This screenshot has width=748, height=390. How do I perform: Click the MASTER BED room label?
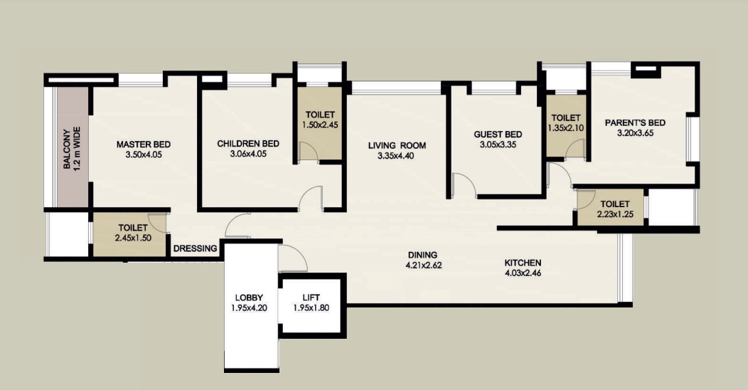144,144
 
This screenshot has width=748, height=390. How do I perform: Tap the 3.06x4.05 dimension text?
248,154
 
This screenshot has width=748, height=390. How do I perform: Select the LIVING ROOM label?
397,146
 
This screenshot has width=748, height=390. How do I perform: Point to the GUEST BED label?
498,135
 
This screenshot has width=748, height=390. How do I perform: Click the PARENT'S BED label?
635,122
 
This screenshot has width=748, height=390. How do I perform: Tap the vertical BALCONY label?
68,149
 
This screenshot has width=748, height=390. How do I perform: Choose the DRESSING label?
195,248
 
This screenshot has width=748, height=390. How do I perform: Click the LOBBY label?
249,298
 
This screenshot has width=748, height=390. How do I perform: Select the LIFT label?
311,297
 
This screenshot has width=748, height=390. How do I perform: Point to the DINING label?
422,255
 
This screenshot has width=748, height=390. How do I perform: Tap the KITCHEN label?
523,263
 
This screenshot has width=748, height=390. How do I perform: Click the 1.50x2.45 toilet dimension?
320,125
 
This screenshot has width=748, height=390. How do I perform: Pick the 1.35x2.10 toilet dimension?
566,128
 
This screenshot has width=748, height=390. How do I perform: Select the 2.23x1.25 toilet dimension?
615,214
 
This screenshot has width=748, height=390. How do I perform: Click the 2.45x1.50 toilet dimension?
133,238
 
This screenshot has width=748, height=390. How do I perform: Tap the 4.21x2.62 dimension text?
424,265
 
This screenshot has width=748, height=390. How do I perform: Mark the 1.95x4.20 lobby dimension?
249,308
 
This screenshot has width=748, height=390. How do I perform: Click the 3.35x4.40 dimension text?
396,156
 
